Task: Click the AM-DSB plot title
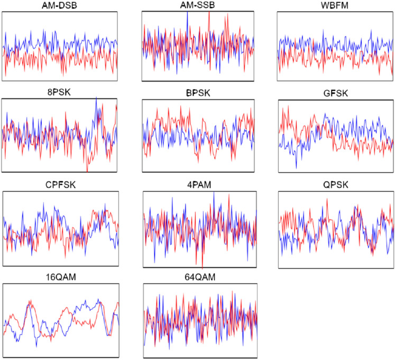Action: pos(59,5)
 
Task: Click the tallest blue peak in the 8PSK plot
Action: pos(96,97)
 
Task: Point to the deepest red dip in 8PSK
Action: pos(87,171)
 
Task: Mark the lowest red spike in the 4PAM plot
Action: pos(203,267)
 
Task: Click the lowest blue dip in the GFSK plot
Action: pos(296,168)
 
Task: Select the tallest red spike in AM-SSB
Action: pos(209,12)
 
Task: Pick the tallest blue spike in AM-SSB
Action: pos(188,12)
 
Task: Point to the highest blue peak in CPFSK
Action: pos(105,204)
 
